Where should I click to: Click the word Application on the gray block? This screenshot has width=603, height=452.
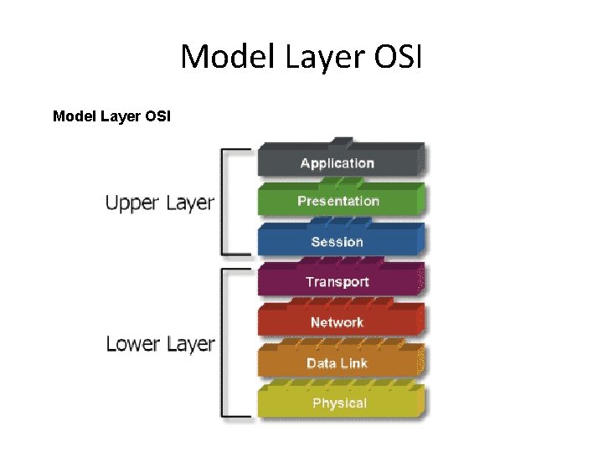[337, 163]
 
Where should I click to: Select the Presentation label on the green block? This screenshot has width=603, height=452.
[338, 201]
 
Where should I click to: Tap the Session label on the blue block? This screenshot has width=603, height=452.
[337, 242]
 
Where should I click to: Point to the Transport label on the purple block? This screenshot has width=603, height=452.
[337, 282]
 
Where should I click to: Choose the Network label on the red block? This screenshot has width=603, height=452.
[337, 322]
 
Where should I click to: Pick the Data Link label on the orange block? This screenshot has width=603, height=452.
[337, 362]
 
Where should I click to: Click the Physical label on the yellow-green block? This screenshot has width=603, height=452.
[339, 403]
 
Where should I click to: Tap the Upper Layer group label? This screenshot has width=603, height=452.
[159, 203]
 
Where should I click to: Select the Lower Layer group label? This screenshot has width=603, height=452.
[160, 343]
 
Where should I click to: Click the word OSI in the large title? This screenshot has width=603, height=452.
[398, 57]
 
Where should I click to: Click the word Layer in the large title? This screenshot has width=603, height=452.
[316, 57]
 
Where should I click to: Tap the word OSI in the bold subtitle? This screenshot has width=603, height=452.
[157, 116]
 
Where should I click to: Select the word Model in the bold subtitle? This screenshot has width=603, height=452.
[73, 116]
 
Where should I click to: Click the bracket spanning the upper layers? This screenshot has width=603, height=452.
[223, 201]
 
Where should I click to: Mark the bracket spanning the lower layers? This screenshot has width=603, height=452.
[223, 342]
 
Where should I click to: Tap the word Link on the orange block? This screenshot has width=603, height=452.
[352, 362]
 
